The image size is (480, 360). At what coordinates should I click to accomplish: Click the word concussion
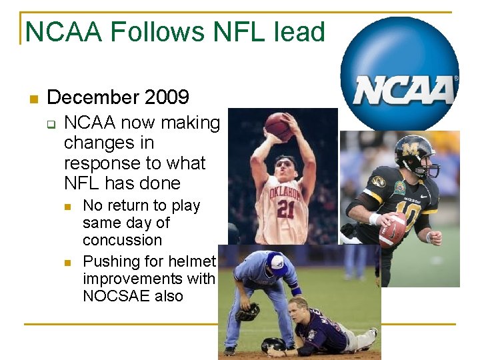pos(122,240)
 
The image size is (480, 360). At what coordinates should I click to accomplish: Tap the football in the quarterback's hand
pos(392,231)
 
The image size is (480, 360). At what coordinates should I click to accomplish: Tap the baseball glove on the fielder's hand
pos(247,311)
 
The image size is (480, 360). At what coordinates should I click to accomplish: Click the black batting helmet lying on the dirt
pos(274,345)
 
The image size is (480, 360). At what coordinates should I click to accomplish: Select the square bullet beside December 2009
pos(32,99)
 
